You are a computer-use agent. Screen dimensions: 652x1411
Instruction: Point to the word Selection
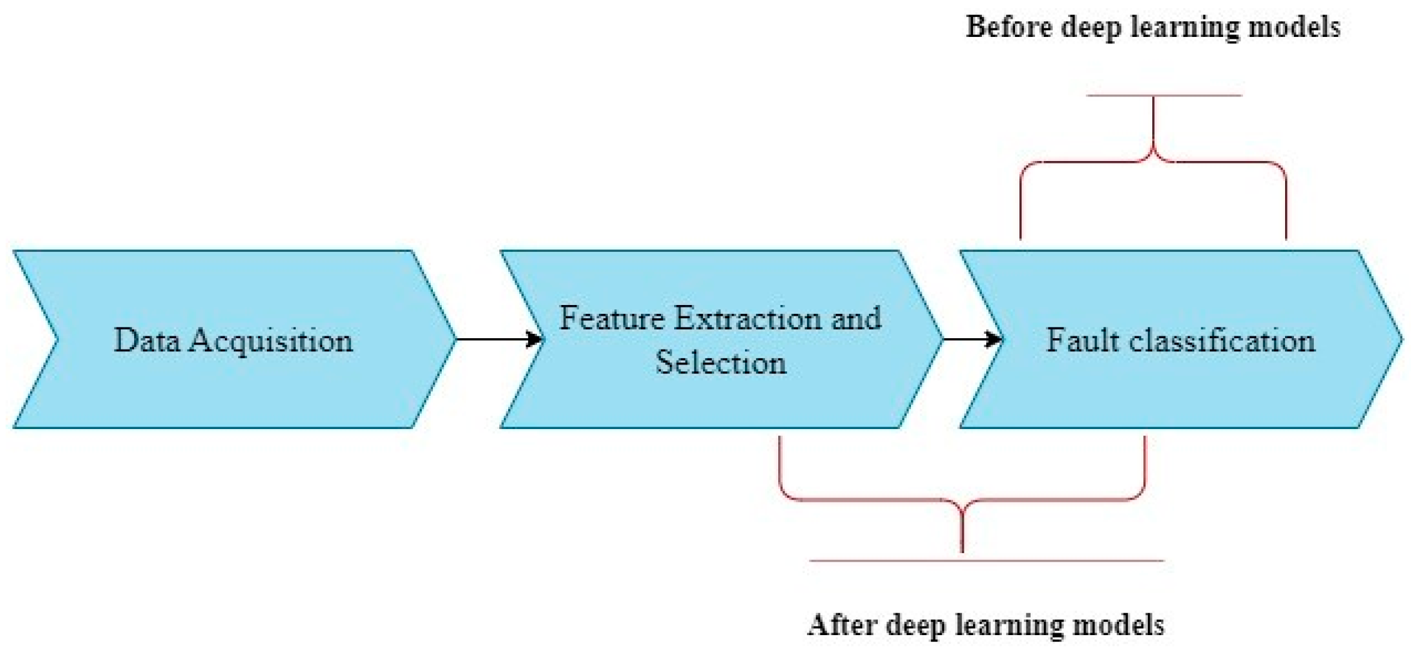(721, 363)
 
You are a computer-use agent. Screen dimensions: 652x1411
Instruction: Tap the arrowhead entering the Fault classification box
(995, 339)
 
